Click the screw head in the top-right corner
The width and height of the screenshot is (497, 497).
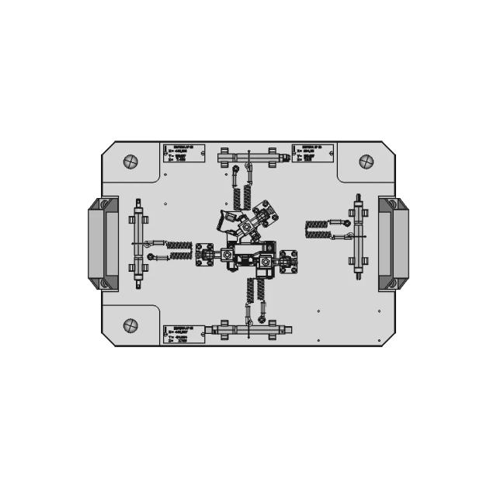pos(366,162)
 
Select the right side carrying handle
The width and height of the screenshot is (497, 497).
pos(393,243)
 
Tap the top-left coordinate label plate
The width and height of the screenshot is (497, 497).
pos(183,152)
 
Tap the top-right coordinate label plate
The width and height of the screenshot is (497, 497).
pos(314,152)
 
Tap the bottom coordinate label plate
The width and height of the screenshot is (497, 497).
pos(184,333)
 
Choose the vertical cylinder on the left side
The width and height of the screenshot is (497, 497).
pos(137,243)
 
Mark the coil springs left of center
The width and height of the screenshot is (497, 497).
pos(179,249)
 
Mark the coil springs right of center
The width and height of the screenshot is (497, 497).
pos(317,230)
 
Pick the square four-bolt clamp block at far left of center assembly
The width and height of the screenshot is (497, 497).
pos(206,254)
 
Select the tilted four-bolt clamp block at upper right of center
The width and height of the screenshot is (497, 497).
pos(262,217)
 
